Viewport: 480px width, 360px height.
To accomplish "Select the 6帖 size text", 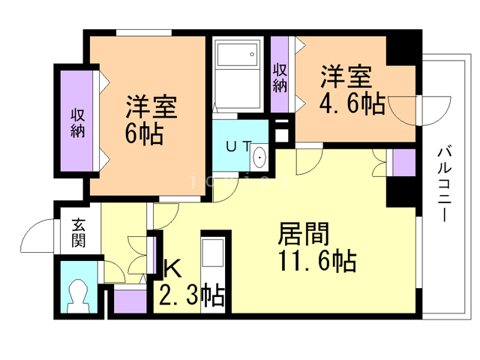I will pos(144,136).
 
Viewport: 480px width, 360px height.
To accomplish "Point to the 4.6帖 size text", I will pos(352,103).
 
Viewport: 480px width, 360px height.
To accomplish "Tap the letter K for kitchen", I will pos(172,268).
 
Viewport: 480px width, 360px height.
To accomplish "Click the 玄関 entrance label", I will pos(79,232).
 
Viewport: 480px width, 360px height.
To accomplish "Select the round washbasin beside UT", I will pos(259,157).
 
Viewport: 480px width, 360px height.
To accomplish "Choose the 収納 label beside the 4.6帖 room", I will pos(280,77).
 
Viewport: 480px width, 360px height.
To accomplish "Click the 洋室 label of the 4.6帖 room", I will pos(346,76).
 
